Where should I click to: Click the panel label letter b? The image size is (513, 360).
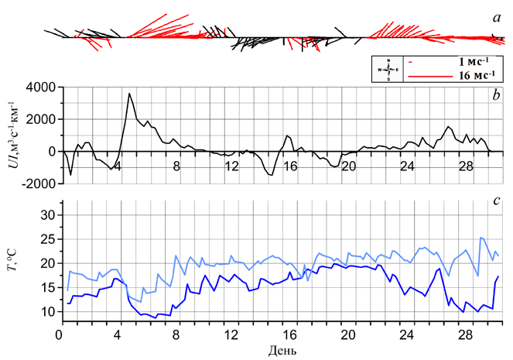[493, 94]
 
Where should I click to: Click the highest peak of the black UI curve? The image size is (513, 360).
[130, 94]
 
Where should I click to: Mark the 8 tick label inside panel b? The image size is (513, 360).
[176, 166]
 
